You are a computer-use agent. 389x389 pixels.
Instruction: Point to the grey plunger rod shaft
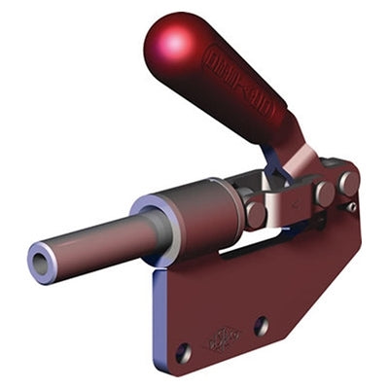[x=97, y=242]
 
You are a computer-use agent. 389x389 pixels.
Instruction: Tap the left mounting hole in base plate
[x=183, y=349]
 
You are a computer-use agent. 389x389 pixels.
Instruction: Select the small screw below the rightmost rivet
[x=351, y=205]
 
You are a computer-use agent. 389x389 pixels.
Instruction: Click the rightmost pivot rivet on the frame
[x=348, y=181]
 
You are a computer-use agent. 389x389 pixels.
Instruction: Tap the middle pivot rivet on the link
[x=324, y=194]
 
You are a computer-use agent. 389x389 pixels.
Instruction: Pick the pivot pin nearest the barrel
[x=256, y=212]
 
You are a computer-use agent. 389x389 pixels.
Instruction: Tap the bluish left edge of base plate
[x=157, y=311]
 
